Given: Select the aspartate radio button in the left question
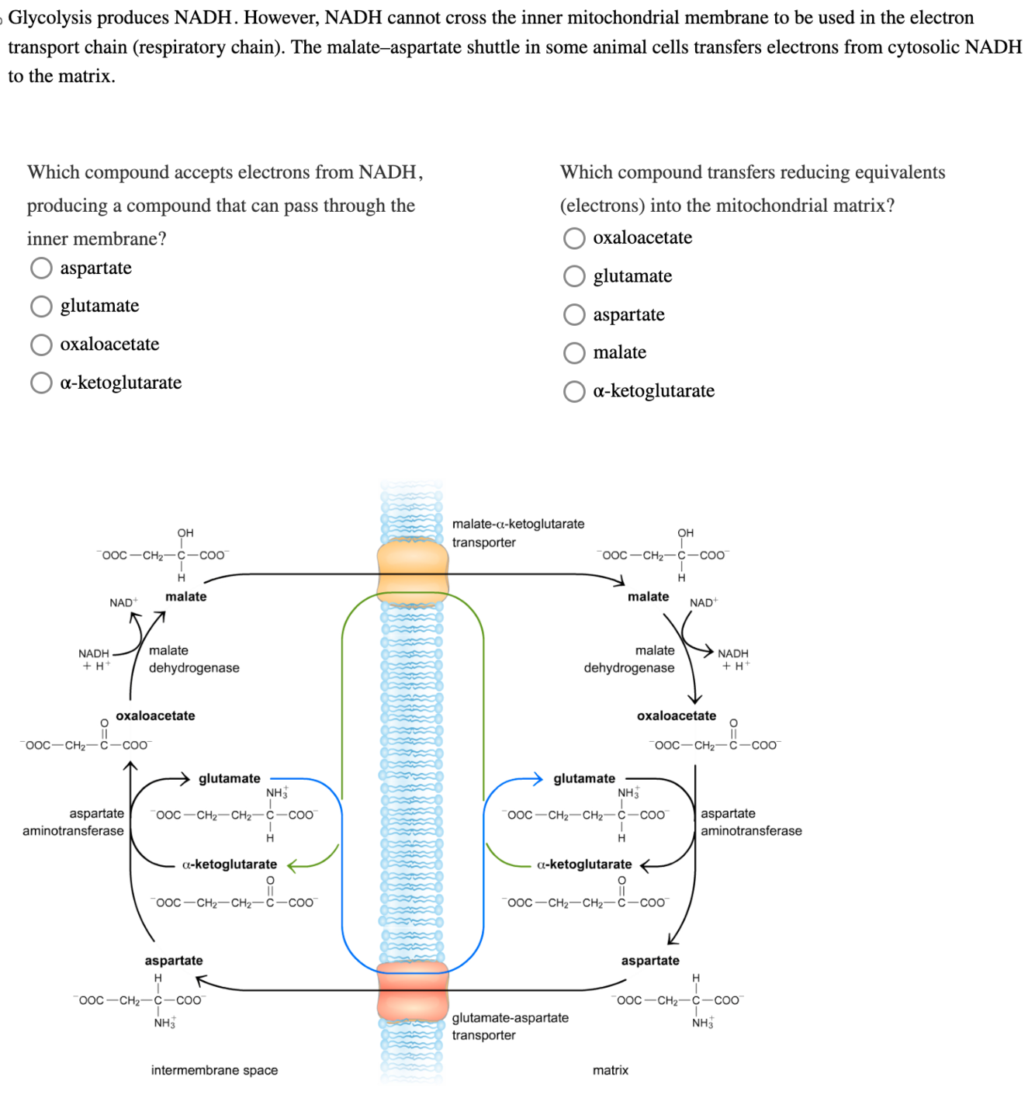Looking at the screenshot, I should (x=41, y=268).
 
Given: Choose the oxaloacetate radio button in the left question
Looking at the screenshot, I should (x=41, y=345).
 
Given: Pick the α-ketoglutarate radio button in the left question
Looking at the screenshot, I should (x=41, y=383).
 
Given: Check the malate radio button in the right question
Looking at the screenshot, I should (x=574, y=353).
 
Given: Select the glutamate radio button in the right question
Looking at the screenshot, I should (x=574, y=276).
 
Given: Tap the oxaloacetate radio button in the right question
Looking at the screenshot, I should (x=574, y=238).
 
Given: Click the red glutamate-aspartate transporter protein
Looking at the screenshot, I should (x=413, y=991).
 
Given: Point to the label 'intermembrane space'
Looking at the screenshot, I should (x=214, y=1070).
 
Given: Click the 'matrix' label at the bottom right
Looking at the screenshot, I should (x=611, y=1070).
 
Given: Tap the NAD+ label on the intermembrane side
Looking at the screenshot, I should (x=123, y=603).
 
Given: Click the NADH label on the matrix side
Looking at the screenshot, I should (x=733, y=653).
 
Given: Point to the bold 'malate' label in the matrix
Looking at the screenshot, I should (x=648, y=597).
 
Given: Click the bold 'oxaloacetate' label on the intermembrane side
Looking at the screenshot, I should (x=155, y=715).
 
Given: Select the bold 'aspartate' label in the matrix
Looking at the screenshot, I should (x=650, y=961).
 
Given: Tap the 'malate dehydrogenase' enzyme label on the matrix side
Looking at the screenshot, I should (x=629, y=660).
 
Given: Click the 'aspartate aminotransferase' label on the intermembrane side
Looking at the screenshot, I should (x=74, y=823).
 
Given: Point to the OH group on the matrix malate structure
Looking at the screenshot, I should (x=686, y=533).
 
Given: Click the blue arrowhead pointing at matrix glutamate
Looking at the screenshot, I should (x=538, y=778).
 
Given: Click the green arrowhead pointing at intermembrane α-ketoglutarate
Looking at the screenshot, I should (x=292, y=864).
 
